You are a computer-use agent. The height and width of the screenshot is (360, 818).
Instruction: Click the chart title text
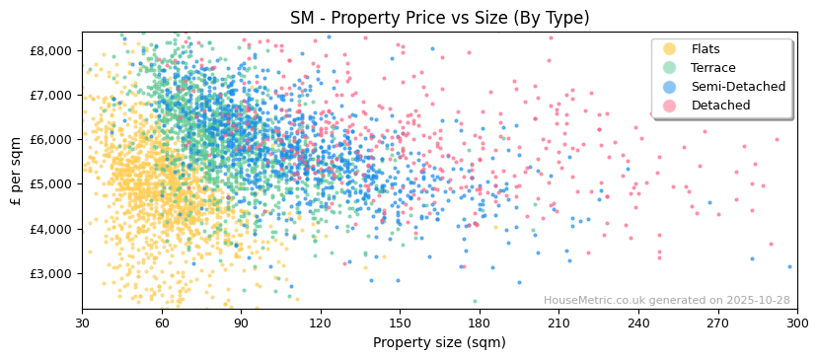(439, 18)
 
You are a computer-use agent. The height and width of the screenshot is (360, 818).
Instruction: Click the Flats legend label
(706, 49)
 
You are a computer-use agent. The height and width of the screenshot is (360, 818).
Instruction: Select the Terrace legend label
(712, 68)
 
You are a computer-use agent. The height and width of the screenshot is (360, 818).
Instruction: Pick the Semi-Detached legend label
(738, 87)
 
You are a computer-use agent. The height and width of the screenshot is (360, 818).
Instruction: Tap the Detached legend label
(720, 106)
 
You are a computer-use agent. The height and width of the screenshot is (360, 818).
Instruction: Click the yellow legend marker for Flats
(670, 49)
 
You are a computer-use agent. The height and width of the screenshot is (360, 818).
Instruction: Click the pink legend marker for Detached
(670, 106)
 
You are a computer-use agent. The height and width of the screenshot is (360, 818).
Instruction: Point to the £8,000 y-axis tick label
(51, 50)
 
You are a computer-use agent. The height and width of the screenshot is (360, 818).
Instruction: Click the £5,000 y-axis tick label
(51, 184)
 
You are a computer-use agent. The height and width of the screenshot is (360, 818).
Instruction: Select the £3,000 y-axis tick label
(51, 273)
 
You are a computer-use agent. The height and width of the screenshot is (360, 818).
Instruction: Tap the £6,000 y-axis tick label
(51, 140)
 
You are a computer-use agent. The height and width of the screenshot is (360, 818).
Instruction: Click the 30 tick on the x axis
(82, 324)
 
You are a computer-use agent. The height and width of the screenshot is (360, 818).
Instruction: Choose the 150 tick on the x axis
(400, 324)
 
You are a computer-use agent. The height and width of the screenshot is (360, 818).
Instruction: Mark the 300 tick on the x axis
(797, 324)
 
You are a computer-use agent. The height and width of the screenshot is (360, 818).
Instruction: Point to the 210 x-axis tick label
(558, 324)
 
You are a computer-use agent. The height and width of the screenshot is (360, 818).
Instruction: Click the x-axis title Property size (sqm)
(439, 343)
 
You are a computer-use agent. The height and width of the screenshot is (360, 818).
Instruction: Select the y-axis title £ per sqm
(16, 171)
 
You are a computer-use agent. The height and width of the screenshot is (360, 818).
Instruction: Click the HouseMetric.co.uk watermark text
(666, 301)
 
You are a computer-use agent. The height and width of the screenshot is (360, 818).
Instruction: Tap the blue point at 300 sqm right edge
(789, 266)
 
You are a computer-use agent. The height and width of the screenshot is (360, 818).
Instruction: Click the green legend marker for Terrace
(670, 68)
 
